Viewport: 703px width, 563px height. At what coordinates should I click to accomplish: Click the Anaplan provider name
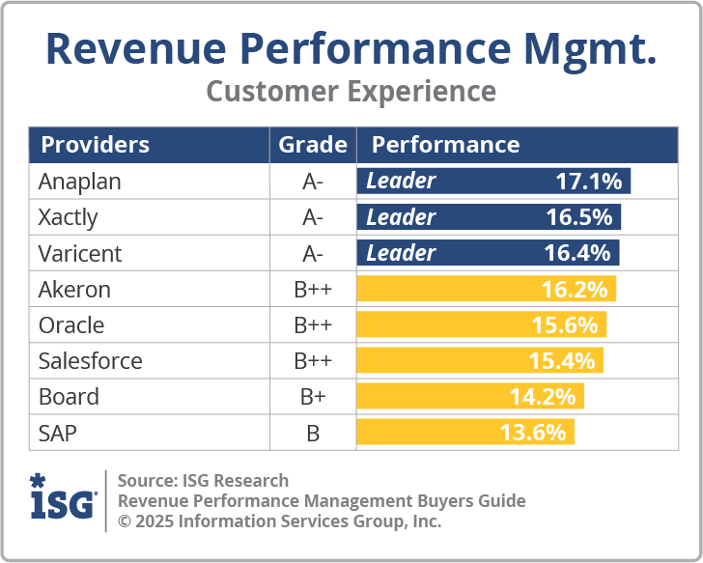80,182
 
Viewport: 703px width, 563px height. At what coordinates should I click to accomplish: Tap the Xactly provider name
69,217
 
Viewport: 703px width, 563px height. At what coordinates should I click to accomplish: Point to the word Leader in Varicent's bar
401,253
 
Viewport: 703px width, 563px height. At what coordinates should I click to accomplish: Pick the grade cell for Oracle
313,324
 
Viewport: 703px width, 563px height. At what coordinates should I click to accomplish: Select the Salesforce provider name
91,360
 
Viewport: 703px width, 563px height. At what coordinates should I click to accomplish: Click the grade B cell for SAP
313,433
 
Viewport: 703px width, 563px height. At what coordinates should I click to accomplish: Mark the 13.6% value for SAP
532,432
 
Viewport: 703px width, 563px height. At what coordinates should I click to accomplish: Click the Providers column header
96,145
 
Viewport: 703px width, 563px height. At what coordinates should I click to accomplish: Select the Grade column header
313,145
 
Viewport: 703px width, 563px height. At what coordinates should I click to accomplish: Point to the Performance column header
446,145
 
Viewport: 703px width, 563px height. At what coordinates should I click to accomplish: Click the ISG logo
63,497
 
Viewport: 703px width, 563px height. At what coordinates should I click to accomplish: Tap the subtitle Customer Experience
351,92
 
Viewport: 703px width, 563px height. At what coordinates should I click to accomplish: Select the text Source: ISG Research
203,480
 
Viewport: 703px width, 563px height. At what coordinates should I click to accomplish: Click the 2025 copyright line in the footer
279,521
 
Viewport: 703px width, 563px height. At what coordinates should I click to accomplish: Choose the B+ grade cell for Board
313,396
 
